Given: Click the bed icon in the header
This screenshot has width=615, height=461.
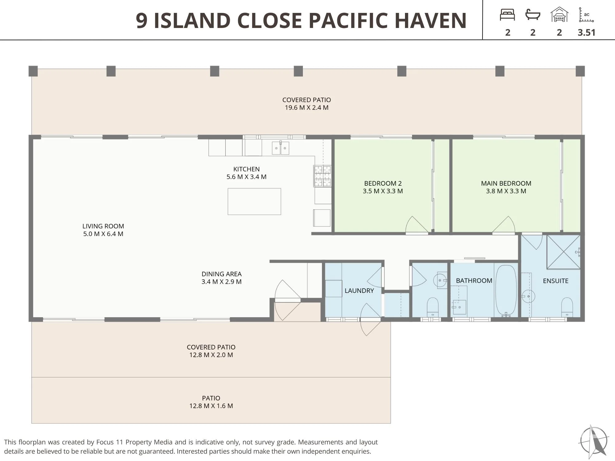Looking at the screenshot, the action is point(507,15).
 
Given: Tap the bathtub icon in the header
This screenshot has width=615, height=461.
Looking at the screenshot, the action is point(533,15).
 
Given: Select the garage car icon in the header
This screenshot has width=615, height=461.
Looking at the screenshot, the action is point(559,14).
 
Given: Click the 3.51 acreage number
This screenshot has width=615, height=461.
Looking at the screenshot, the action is point(586,33).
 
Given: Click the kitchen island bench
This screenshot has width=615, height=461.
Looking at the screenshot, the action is point(254,201).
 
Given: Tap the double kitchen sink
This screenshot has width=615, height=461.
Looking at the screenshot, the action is point(280,148).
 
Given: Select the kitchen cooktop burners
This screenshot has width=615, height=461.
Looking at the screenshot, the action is point(322,176).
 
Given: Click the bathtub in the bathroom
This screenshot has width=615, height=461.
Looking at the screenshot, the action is point(506,290).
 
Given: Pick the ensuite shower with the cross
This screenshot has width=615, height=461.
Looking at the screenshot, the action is point(563,252).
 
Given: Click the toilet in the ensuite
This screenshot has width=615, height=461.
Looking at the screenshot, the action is point(567,307).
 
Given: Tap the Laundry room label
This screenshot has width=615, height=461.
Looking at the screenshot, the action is point(359,291).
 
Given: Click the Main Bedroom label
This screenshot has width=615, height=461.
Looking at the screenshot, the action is point(506,183).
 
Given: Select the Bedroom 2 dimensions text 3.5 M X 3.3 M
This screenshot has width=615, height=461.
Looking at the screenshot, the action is point(383,191).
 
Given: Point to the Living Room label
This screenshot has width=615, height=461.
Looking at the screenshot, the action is point(103,226).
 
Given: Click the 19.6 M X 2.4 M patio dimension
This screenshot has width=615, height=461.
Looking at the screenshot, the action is point(307,108).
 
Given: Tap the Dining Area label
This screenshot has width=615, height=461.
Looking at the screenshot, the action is point(221,274).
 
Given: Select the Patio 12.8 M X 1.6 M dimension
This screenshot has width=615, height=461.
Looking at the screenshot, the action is point(211,406).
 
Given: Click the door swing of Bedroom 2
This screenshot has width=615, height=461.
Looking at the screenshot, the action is point(417,224).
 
